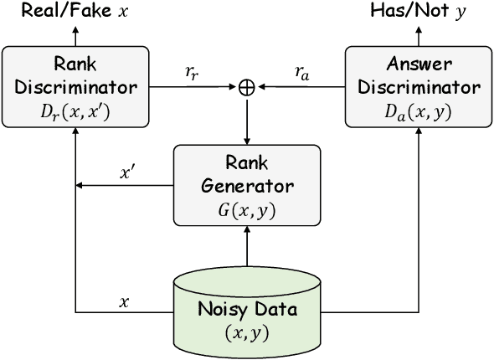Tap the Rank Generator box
246,185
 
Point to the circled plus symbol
246,85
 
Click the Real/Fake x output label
75,12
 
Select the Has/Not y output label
416,12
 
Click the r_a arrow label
301,72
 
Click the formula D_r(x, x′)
75,111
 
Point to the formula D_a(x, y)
416,111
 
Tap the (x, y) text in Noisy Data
246,332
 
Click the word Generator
246,185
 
